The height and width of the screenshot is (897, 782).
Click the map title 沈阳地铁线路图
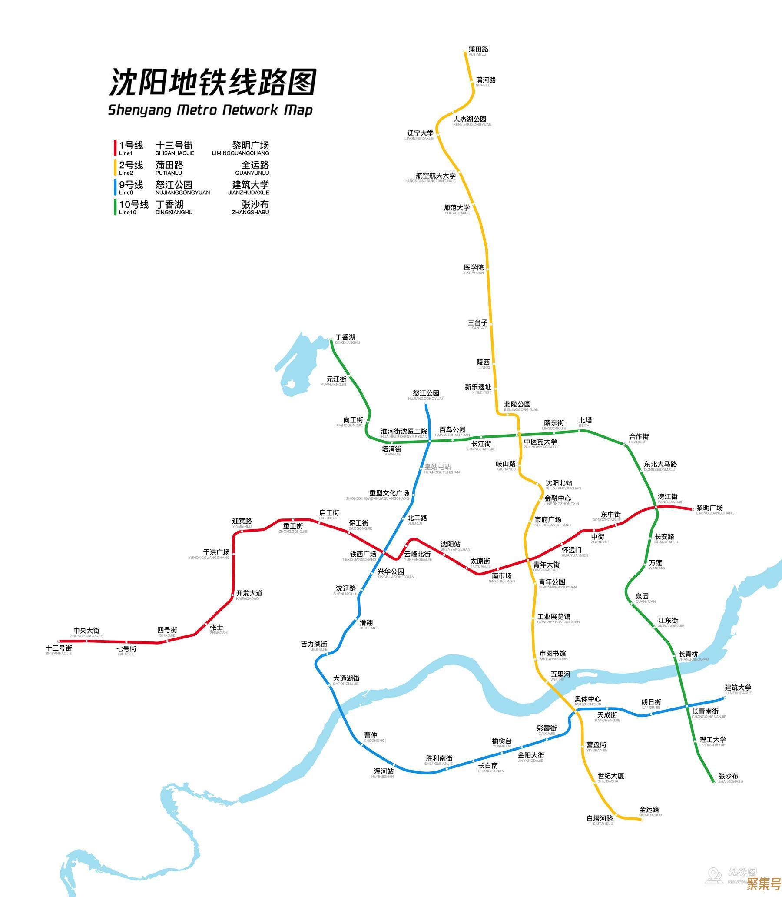pos(212,82)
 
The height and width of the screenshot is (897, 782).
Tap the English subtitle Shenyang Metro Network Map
pos(210,110)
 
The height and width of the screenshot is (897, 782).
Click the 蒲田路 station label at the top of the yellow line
pos(478,50)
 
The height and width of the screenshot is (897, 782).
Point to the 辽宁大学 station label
pos(420,133)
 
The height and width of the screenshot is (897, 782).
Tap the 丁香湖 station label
pos(345,337)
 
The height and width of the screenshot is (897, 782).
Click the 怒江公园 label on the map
pos(426,393)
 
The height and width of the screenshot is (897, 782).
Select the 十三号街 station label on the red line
pos(59,648)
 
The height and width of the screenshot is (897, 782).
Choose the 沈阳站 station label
pos(451,544)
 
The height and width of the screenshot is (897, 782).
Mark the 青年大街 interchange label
pos(547,565)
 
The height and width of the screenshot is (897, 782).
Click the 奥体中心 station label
pos(587,699)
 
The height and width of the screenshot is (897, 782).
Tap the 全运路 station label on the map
pos(649,810)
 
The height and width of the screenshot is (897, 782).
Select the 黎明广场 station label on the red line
pos(709,508)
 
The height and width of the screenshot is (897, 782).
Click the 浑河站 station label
pos(384,771)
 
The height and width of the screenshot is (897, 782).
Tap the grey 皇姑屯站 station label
pos(437,467)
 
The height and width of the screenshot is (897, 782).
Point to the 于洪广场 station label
pos(216,553)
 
